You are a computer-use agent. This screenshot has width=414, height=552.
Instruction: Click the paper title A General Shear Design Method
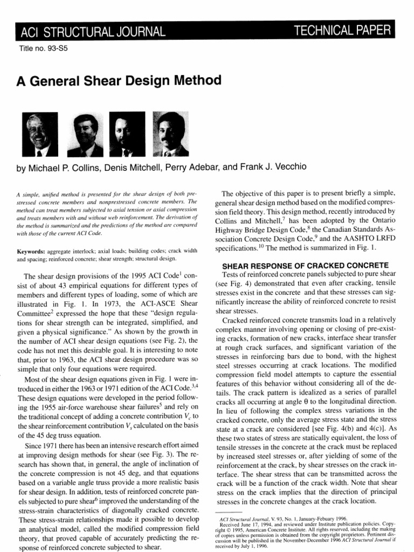coord(120,81)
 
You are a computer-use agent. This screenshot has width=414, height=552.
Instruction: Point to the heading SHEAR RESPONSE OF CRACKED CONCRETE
coord(306,265)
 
